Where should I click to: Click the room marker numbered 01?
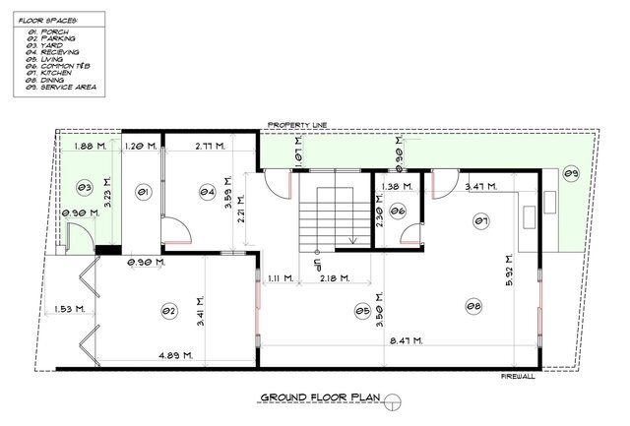click(x=142, y=193)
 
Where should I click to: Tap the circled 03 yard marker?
click(x=85, y=186)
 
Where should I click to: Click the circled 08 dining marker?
click(x=474, y=308)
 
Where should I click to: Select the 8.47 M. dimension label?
click(x=405, y=340)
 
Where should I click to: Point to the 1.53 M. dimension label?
click(x=69, y=309)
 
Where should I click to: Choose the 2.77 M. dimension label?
click(x=211, y=146)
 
